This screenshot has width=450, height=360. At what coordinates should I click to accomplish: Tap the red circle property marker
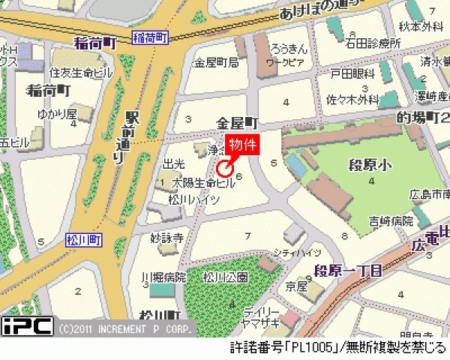point(223,168)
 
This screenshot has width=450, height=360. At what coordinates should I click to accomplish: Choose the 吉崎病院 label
point(390,221)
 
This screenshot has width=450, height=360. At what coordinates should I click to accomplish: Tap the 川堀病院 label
point(163,277)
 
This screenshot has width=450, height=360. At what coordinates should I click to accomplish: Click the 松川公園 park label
point(226,277)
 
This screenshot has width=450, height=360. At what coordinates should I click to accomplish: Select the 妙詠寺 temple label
point(166,238)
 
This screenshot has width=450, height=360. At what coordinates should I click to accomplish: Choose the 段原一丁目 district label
point(347,268)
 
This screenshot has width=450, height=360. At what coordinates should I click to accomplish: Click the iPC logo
point(27,326)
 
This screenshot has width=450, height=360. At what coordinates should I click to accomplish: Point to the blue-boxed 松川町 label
point(83,239)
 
